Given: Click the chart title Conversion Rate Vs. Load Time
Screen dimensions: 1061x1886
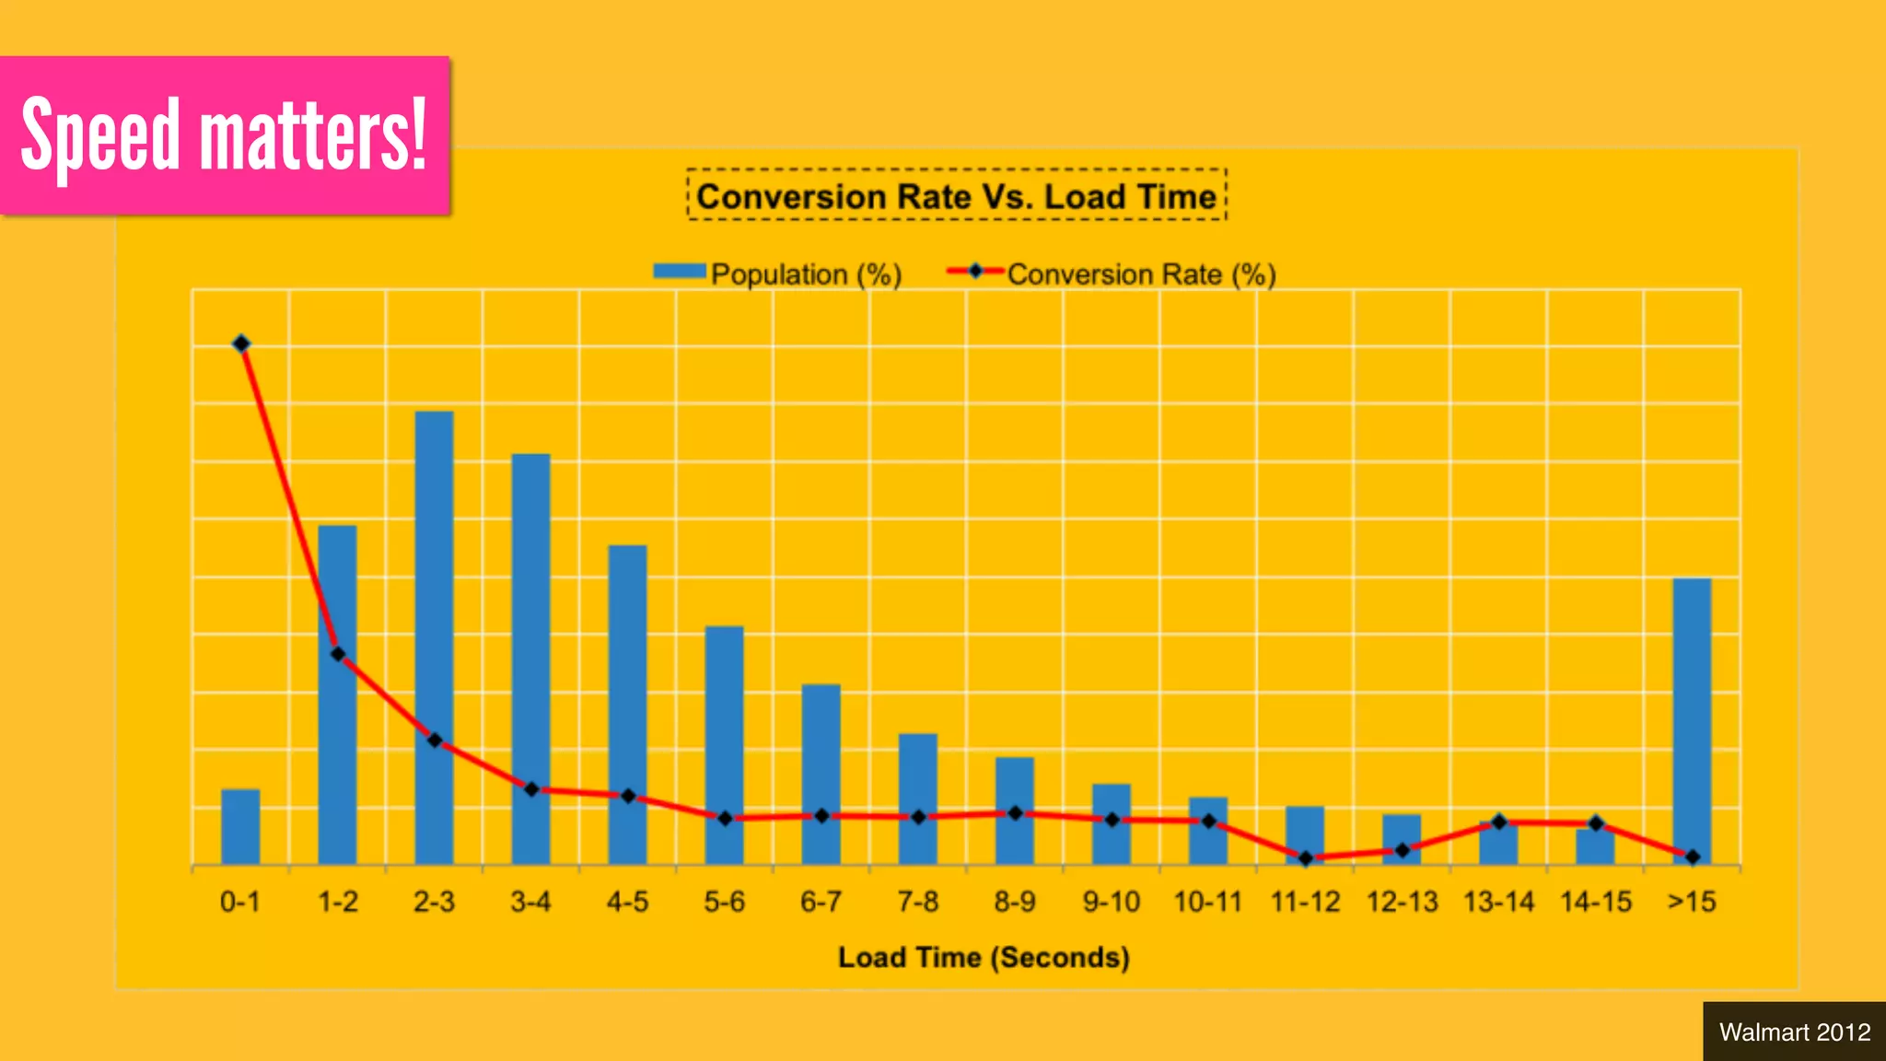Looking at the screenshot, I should (956, 196).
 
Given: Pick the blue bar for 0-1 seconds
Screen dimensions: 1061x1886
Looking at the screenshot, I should (240, 826).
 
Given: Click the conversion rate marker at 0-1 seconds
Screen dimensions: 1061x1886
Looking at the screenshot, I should (241, 344).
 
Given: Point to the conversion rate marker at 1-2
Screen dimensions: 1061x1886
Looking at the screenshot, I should (338, 654).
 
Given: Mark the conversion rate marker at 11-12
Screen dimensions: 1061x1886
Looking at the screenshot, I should (1305, 858).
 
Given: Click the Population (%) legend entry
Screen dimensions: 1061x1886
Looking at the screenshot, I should (778, 274).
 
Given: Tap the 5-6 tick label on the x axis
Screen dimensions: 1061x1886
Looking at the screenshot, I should (724, 902).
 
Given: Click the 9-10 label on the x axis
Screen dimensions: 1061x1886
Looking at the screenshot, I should (1112, 902).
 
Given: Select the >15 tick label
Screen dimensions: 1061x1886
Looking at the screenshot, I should (1692, 902).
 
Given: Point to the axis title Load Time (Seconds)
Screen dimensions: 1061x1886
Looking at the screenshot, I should (983, 957).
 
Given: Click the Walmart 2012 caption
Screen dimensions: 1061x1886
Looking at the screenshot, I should (1794, 1032).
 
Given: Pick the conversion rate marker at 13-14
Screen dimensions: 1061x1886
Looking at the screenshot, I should (1498, 822).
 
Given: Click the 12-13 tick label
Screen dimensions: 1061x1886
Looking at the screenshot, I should (1402, 902).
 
